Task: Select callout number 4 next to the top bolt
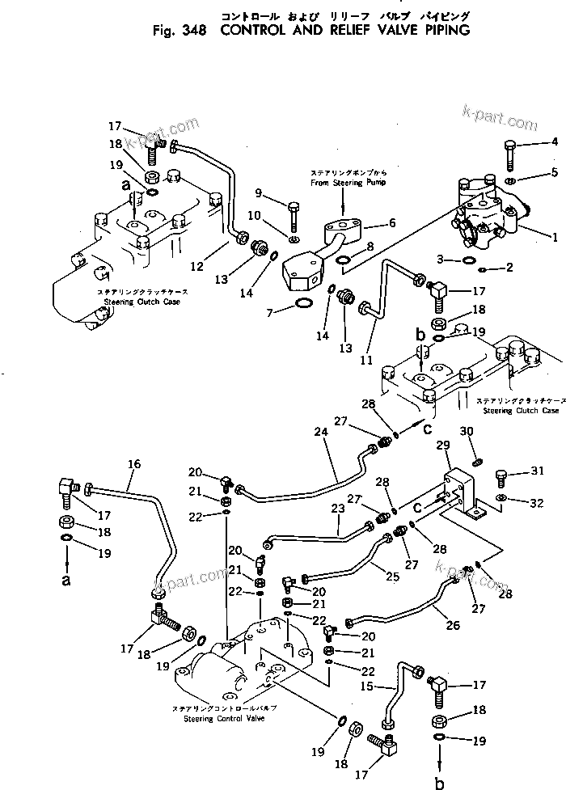click(555, 142)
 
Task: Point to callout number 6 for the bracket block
click(391, 222)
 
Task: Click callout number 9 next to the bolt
click(259, 192)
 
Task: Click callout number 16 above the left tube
click(133, 463)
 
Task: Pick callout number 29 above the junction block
click(442, 446)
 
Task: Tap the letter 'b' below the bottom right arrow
click(439, 782)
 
